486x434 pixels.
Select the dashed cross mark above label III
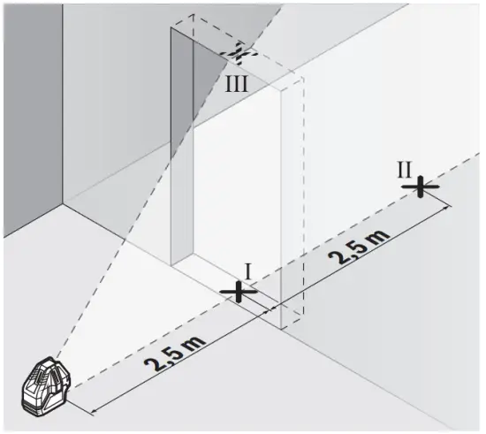coord(239,53)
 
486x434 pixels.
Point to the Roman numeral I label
coord(249,270)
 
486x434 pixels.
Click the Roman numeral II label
coord(405,165)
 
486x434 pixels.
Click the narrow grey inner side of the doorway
coord(181,150)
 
